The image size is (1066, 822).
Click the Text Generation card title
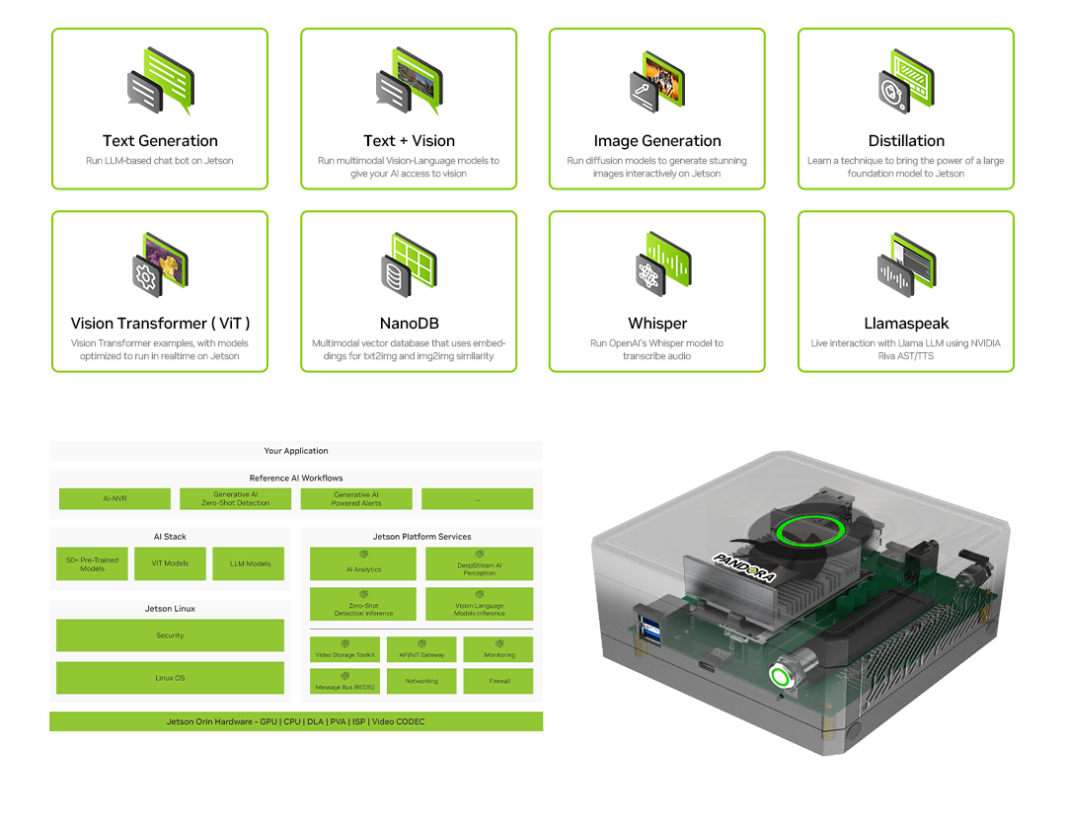pos(160,141)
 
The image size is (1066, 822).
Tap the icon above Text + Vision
pos(409,81)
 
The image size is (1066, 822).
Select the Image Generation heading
pos(657,141)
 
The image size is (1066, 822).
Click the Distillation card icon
pos(906,81)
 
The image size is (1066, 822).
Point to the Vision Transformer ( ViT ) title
pos(160,324)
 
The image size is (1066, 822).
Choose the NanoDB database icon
pos(409,263)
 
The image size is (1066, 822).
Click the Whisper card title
pos(657,324)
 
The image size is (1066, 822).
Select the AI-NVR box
pos(114,499)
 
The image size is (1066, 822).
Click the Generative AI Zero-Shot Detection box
pos(235,499)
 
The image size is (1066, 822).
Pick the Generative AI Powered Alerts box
pos(356,499)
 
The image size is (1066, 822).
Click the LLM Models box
pos(250,564)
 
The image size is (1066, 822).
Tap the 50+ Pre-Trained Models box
pos(92,564)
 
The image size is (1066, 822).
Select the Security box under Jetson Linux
pos(170,635)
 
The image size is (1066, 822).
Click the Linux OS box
pos(170,678)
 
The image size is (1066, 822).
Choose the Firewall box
pos(499,681)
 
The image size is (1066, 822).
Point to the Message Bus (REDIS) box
pos(343,681)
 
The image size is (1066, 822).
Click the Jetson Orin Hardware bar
pos(296,722)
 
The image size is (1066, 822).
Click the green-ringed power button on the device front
pos(782,678)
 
